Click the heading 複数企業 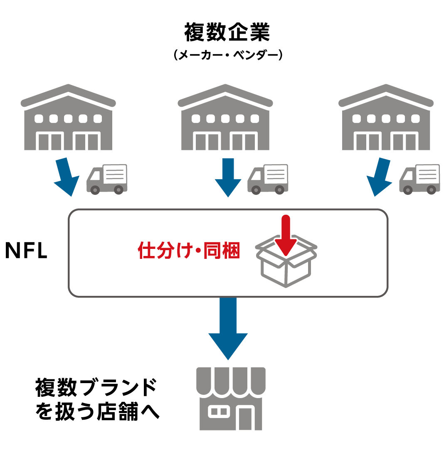tap(227, 32)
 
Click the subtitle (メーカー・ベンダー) tap(227, 56)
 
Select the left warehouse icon tap(68, 118)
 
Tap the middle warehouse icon tap(225, 118)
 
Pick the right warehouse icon tap(386, 118)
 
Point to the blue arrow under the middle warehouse tap(228, 177)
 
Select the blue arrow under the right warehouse tap(380, 177)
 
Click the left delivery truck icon tap(107, 179)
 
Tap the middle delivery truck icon tap(268, 179)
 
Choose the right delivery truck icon tap(420, 179)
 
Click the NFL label tap(26, 251)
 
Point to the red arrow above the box tap(285, 235)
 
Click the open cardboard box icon tap(286, 266)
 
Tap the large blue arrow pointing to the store tap(228, 328)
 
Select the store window tap(218, 411)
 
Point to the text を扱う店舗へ tap(97, 411)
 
